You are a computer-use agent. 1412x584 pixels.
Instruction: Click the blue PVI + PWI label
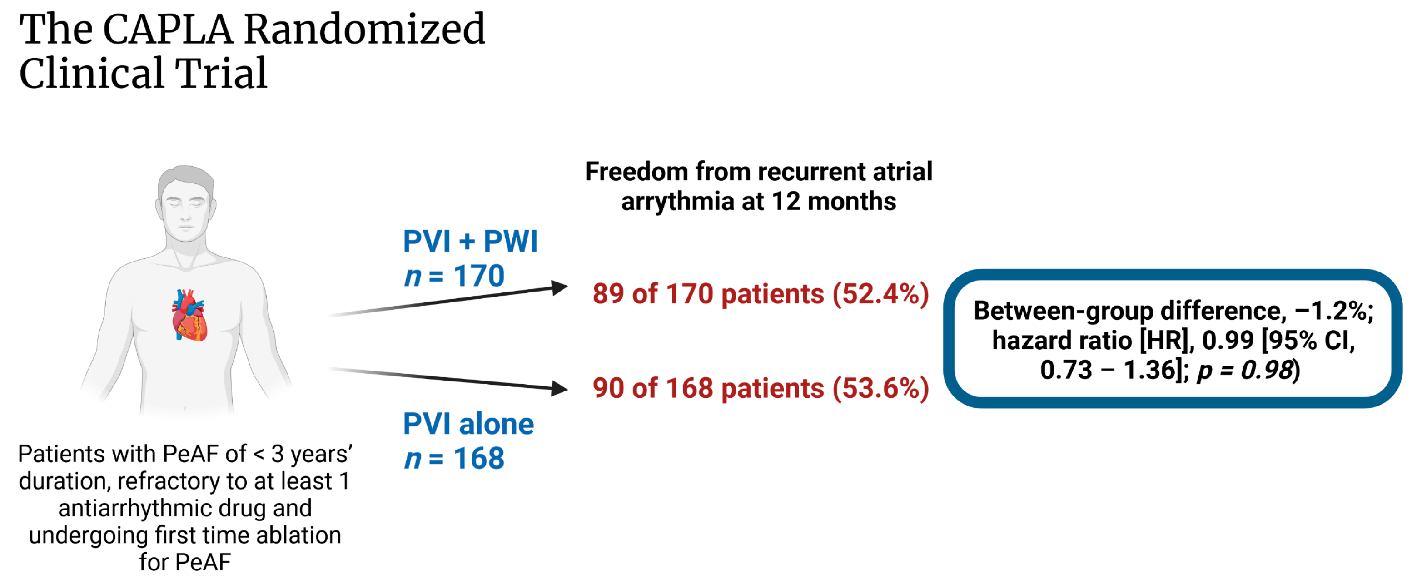[470, 241]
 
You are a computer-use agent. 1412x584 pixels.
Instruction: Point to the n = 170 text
[454, 276]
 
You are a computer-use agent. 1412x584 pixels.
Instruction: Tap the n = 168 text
[454, 458]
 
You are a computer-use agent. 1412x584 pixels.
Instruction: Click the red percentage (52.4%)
[880, 294]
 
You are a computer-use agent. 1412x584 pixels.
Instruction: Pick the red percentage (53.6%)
[880, 388]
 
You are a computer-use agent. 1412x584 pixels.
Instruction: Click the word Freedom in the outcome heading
[636, 172]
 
